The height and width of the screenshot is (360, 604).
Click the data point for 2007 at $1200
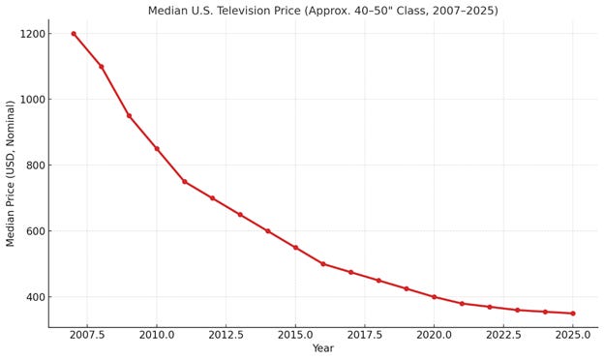pyautogui.click(x=74, y=34)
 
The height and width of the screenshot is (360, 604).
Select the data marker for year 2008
pyautogui.click(x=101, y=67)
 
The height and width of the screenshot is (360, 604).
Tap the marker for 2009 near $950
pyautogui.click(x=129, y=116)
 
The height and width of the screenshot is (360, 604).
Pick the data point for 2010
pyautogui.click(x=157, y=149)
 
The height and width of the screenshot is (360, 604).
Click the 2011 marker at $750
pyautogui.click(x=184, y=182)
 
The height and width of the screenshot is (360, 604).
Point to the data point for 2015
pyautogui.click(x=295, y=248)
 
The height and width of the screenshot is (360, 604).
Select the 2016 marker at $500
pyautogui.click(x=323, y=264)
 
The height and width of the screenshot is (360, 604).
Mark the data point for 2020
pyautogui.click(x=434, y=297)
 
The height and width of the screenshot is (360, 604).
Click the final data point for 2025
pyautogui.click(x=572, y=314)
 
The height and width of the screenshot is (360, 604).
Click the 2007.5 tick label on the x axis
pyautogui.click(x=87, y=335)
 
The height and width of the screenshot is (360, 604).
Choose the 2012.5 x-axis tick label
pyautogui.click(x=226, y=335)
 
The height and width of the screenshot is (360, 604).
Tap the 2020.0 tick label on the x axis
pyautogui.click(x=434, y=335)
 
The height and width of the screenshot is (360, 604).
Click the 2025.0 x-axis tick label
pyautogui.click(x=572, y=335)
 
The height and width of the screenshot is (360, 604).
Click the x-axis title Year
pyautogui.click(x=322, y=349)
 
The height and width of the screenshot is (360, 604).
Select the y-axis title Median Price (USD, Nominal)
pyautogui.click(x=11, y=172)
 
